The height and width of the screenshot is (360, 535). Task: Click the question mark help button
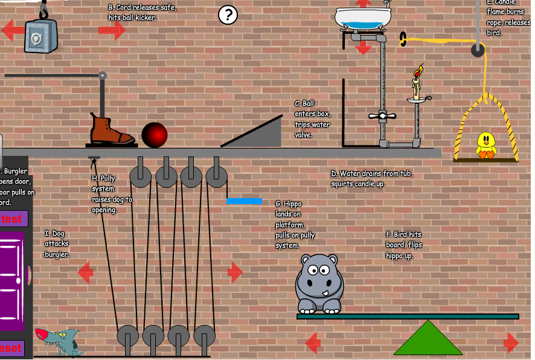click(x=228, y=14)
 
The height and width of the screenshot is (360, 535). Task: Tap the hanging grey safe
click(x=40, y=36)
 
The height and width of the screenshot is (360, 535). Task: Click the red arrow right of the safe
click(x=111, y=30)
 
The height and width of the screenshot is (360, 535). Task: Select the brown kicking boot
click(x=111, y=129)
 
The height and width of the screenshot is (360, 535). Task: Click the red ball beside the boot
click(x=154, y=135)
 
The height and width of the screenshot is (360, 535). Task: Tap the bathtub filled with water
click(x=363, y=19)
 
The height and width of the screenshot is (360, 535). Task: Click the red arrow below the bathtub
click(x=363, y=47)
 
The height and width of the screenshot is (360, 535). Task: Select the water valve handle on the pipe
click(x=382, y=115)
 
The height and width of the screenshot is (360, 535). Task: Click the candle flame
click(x=418, y=72)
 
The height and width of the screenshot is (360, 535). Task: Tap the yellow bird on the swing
click(x=485, y=145)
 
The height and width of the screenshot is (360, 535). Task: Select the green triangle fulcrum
click(x=428, y=339)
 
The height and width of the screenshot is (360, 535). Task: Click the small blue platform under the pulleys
click(x=244, y=201)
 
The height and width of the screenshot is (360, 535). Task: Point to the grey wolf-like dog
click(x=60, y=341)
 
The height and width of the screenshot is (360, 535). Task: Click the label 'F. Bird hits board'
click(x=404, y=240)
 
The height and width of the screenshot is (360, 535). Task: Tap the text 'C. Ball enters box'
click(x=312, y=119)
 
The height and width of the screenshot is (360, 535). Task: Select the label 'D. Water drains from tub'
click(x=371, y=179)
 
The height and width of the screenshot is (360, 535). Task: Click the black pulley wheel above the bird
click(x=478, y=50)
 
